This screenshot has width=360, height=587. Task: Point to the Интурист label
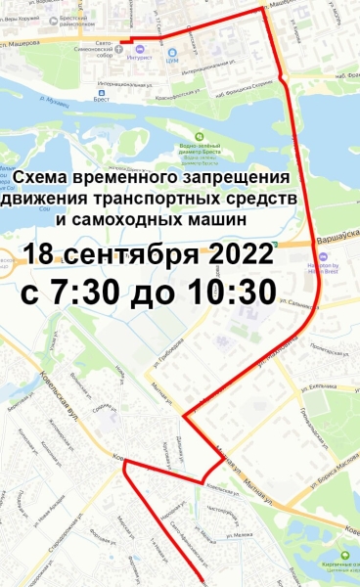[x=138, y=59]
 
